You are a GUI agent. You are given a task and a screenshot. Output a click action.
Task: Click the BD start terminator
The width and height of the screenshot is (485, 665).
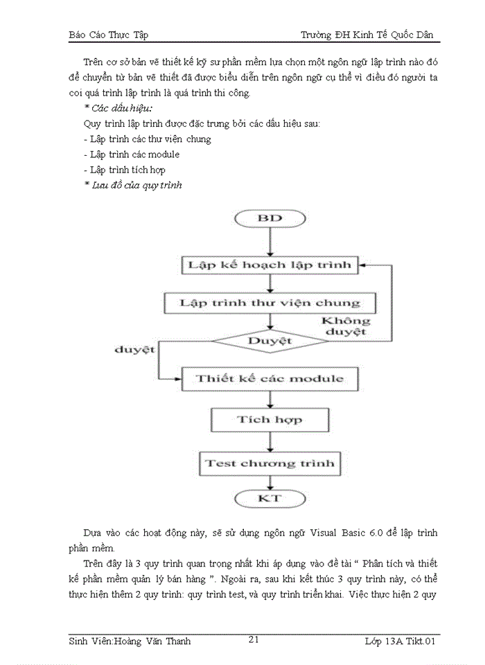click(270, 219)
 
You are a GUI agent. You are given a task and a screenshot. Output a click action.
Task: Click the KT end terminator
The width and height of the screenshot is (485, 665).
click(270, 498)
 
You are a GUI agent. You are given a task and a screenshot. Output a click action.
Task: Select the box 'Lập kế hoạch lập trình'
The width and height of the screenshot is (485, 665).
click(270, 265)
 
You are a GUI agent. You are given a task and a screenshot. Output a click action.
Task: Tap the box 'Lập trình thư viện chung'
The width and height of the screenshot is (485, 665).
click(270, 303)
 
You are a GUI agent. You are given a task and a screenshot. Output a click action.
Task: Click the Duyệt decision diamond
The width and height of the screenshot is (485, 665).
click(270, 341)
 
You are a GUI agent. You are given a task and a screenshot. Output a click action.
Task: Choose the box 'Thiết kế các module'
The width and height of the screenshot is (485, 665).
click(270, 378)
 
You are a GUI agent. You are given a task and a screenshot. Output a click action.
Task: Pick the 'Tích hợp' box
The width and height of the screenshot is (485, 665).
click(270, 420)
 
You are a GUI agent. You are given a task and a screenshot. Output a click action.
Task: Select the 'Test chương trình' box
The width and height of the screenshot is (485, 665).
click(270, 462)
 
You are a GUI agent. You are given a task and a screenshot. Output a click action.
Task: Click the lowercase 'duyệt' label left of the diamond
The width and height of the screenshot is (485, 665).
click(134, 350)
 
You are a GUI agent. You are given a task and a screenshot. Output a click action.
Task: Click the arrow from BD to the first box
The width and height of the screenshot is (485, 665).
click(270, 242)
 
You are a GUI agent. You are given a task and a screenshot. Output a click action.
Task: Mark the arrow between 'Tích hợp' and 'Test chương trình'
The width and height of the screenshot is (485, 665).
click(270, 441)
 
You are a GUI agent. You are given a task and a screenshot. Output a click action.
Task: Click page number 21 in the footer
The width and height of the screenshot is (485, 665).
click(254, 640)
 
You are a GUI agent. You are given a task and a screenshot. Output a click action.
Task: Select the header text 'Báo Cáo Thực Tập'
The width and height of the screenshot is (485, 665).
click(109, 35)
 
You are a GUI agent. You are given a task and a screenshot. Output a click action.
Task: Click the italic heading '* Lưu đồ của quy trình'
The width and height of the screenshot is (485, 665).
click(132, 185)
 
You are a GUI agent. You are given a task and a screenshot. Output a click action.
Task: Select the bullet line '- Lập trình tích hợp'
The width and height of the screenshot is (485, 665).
click(123, 170)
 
